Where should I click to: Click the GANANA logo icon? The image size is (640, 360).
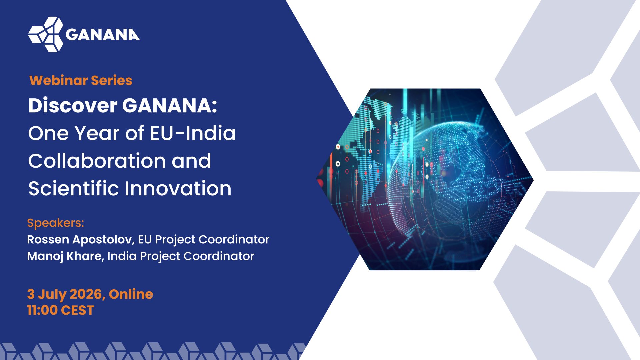coord(46,34)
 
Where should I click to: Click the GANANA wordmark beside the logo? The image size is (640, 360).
coord(103,35)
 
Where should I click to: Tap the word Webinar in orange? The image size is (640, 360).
coord(58,80)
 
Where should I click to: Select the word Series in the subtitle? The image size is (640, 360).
coord(112,80)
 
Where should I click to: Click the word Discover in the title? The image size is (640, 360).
coord(73,105)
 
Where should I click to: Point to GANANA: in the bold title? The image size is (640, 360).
coord(170,105)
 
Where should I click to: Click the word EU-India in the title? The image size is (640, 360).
coord(193,133)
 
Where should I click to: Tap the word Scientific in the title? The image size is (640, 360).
coord(74,188)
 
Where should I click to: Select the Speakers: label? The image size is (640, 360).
coord(56,223)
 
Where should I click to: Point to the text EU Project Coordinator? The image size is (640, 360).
coord(204,240)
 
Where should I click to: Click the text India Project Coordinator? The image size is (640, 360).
coord(181,256)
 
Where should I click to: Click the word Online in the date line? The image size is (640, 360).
coord(131,294)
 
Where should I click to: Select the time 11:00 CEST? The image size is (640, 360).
coord(61,310)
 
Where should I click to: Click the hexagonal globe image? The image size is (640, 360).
coord(425,179)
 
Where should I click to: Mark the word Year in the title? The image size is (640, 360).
coord(97,133)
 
